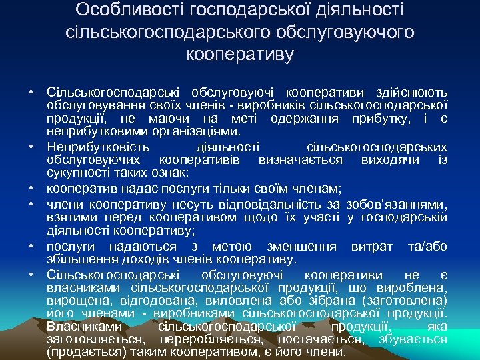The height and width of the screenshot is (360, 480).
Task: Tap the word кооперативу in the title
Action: (240, 54)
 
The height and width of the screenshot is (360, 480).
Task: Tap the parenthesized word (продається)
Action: (89, 352)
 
